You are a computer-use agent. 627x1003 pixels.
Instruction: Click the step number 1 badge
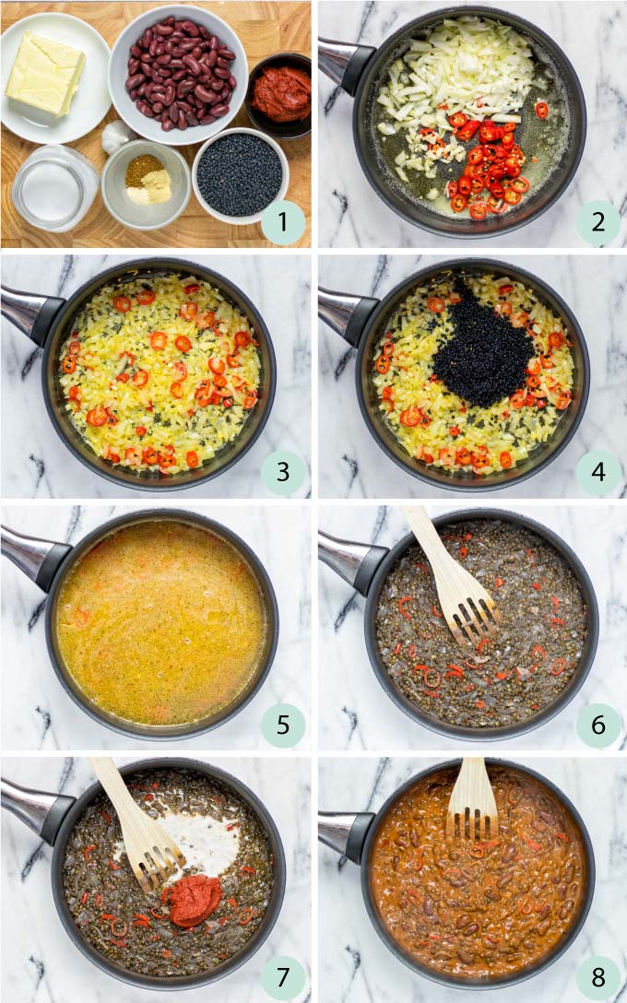click(x=282, y=223)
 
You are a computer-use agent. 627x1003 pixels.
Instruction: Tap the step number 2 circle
click(x=598, y=223)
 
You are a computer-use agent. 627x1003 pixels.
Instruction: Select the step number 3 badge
click(x=282, y=473)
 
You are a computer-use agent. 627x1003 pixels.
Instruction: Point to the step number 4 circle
click(x=598, y=473)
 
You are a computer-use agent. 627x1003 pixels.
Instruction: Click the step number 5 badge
click(x=282, y=725)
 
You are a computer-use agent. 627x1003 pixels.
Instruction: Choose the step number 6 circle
click(x=598, y=725)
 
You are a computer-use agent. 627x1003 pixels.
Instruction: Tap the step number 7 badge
click(x=282, y=977)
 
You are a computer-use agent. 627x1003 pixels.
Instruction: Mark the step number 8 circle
click(x=598, y=977)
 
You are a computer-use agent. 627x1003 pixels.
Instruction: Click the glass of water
click(x=53, y=187)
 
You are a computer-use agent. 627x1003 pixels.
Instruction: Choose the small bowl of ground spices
click(x=146, y=181)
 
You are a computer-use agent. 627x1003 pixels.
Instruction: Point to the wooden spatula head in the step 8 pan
click(x=472, y=813)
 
